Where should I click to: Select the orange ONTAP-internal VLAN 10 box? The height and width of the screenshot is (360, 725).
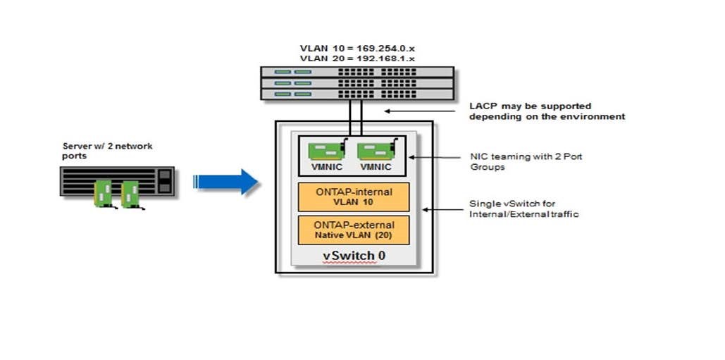[x=353, y=197]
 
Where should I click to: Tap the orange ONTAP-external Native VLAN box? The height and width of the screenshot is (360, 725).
[x=353, y=230]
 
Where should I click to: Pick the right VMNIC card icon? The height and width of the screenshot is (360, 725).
[x=375, y=153]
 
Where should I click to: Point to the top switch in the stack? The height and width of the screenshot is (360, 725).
[x=357, y=72]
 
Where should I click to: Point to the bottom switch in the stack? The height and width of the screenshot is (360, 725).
[x=357, y=94]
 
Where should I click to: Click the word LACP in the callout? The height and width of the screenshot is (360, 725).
[x=482, y=106]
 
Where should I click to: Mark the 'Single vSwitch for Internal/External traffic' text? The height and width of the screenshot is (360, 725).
[x=523, y=209]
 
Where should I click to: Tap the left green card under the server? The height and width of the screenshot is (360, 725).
[x=104, y=193]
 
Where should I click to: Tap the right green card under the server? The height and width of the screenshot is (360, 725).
[x=130, y=194]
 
